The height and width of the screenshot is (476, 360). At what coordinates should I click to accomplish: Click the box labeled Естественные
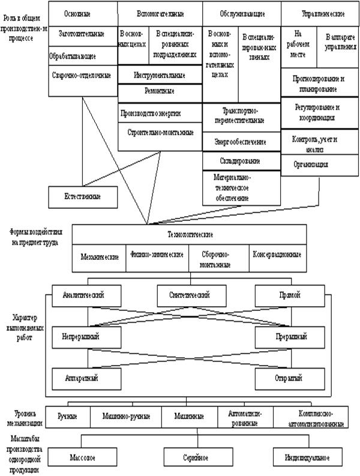coord(82,197)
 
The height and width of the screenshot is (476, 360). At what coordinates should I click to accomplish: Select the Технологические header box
coord(190,235)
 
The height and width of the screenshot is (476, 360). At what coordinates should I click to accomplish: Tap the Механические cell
coord(99,255)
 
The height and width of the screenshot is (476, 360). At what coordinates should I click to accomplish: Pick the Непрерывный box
coord(80,337)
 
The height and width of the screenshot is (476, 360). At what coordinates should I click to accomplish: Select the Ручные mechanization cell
coord(68,415)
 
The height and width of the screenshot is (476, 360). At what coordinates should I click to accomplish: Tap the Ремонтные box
coord(160,93)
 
